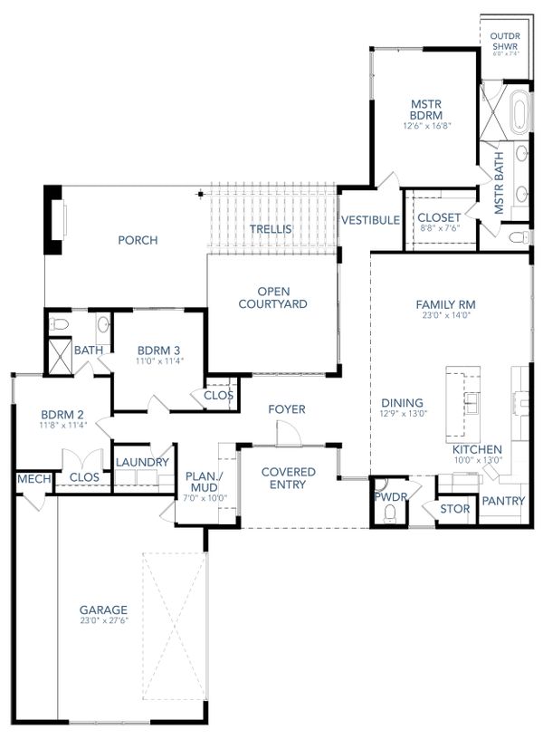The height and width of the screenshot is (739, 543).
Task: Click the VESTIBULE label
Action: click(369, 219)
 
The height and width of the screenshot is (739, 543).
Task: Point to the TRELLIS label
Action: click(271, 229)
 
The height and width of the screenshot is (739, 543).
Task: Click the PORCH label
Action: click(138, 240)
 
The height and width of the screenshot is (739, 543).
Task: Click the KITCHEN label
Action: click(477, 450)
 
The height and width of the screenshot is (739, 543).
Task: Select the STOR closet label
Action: click(454, 509)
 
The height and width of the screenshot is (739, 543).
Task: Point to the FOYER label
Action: click(286, 409)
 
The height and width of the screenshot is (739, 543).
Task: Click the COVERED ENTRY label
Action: click(288, 478)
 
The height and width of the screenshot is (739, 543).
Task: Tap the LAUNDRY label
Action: click(142, 462)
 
